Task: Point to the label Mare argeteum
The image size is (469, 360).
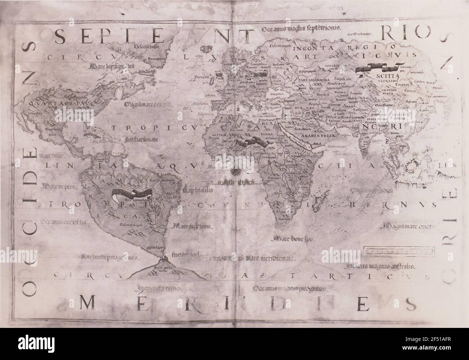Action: [188, 227]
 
